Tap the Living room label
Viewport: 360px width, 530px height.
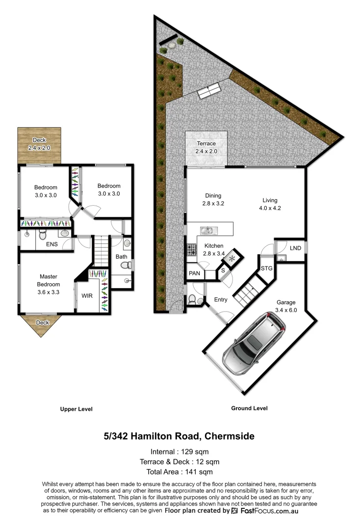click(x=270, y=204)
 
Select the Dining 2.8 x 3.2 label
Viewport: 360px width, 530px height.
click(x=213, y=199)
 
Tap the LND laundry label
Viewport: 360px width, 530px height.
click(x=295, y=248)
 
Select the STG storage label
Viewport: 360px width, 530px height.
click(x=266, y=268)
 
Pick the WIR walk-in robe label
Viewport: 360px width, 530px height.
click(x=87, y=295)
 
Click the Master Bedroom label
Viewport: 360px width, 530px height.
click(x=49, y=281)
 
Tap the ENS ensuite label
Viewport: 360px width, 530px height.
click(x=51, y=244)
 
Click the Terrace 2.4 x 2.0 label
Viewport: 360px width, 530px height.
click(x=206, y=147)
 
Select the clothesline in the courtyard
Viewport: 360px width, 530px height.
click(x=208, y=90)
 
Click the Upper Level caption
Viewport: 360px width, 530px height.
click(x=76, y=409)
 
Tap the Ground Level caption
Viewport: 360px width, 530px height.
click(x=249, y=408)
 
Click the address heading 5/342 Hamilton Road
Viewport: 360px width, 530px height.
click(x=179, y=436)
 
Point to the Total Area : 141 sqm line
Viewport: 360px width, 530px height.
click(x=180, y=472)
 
